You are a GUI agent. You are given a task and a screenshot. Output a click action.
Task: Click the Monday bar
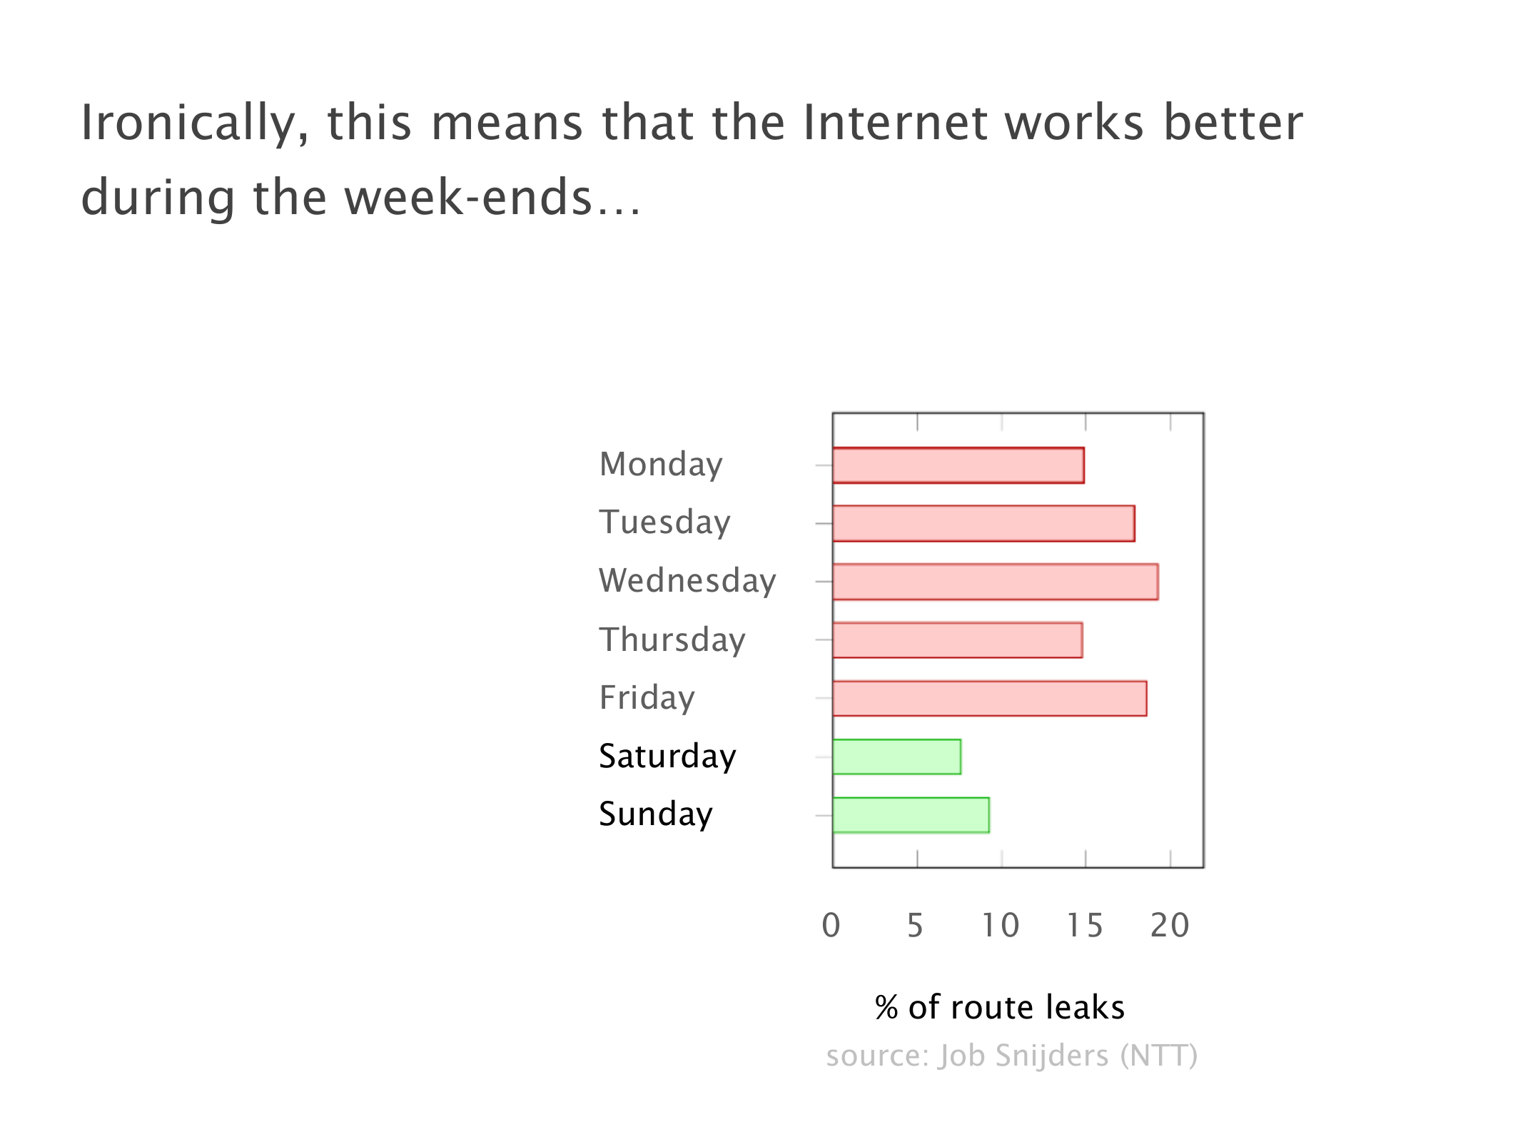(x=958, y=465)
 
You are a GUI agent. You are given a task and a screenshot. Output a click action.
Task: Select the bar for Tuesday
(x=983, y=523)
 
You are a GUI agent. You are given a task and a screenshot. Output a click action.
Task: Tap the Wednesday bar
(x=996, y=582)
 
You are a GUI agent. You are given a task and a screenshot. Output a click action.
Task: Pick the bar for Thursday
(x=958, y=640)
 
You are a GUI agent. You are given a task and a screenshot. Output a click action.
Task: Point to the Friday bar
(x=990, y=698)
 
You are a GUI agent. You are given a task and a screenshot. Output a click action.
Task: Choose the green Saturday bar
(x=897, y=757)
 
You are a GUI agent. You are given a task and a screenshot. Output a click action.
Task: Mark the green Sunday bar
(x=911, y=815)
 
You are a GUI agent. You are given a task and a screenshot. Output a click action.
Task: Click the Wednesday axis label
(x=687, y=580)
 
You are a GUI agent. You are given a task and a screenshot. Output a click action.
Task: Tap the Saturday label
(x=667, y=756)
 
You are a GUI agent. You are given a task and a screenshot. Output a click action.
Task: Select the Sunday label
(x=656, y=814)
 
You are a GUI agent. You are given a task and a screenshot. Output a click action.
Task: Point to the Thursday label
(x=672, y=640)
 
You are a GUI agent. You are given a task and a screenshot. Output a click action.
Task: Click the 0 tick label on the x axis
(x=831, y=925)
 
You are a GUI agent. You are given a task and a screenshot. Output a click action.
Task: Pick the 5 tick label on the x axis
(x=916, y=925)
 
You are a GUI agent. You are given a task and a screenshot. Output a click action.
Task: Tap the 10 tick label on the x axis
(x=1001, y=925)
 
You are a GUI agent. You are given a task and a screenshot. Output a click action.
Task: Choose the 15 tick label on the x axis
(x=1085, y=925)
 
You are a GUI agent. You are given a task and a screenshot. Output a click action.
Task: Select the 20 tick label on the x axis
(x=1170, y=925)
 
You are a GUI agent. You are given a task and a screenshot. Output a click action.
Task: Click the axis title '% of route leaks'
(x=1000, y=1007)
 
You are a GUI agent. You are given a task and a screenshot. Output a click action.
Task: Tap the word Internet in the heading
(x=895, y=122)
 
